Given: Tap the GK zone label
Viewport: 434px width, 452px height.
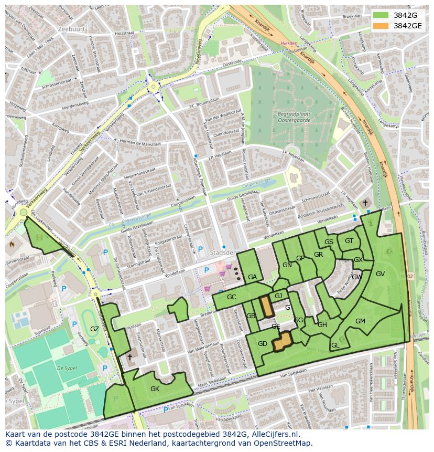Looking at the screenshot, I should (155, 389).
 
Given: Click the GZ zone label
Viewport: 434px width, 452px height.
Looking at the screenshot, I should (94, 329).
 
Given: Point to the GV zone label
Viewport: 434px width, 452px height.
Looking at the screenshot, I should (380, 274).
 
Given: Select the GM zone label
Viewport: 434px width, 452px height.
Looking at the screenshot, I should (360, 321).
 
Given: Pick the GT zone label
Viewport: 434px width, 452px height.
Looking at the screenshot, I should (349, 241).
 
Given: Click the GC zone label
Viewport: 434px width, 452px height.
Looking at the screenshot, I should (232, 297).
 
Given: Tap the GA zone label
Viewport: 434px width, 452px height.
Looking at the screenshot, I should (252, 277).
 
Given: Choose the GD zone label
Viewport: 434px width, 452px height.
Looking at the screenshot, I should (263, 344).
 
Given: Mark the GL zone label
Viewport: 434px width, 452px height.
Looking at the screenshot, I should (335, 345).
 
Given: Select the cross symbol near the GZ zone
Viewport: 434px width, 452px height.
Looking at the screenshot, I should (129, 356).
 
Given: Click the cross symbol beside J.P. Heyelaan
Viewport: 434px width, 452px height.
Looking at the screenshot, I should (365, 203).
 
